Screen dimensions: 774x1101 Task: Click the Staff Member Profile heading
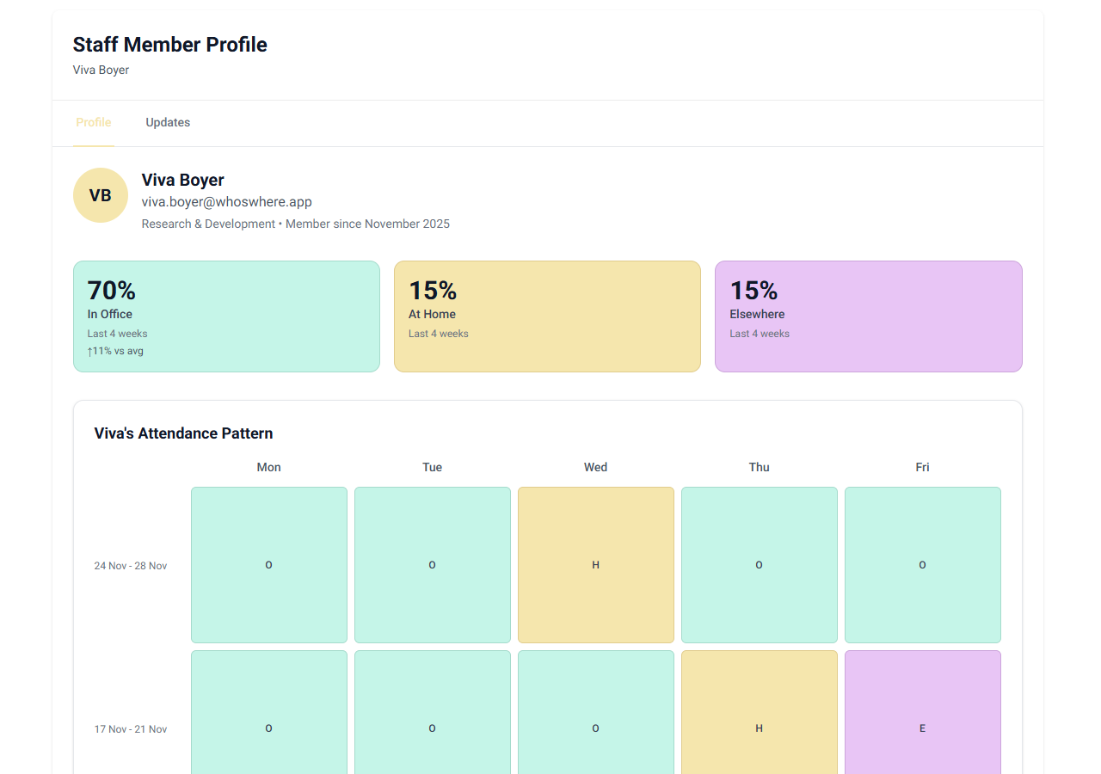click(x=169, y=45)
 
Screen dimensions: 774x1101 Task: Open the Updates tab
click(x=168, y=122)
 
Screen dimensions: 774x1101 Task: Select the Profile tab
click(x=94, y=122)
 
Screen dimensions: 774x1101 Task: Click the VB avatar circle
click(x=101, y=195)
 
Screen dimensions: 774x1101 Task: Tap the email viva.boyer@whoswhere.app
click(x=226, y=202)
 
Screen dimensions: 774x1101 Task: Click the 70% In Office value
click(x=112, y=291)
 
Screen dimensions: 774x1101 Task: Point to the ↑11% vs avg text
click(x=115, y=351)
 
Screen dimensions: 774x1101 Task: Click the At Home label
click(x=432, y=314)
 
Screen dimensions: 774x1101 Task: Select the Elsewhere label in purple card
click(x=757, y=314)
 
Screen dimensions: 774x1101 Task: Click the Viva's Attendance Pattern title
click(x=183, y=433)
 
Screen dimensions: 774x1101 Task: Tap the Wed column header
click(x=595, y=467)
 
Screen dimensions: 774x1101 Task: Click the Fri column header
click(x=922, y=467)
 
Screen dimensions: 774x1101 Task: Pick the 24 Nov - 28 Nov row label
click(x=131, y=566)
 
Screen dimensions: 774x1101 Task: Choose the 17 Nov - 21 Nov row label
click(x=131, y=729)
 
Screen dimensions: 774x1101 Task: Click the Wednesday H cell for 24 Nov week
click(x=595, y=565)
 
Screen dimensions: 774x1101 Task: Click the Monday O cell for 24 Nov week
click(x=268, y=565)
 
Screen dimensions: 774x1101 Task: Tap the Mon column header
click(x=268, y=467)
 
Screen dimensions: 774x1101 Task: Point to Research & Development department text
click(x=208, y=224)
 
